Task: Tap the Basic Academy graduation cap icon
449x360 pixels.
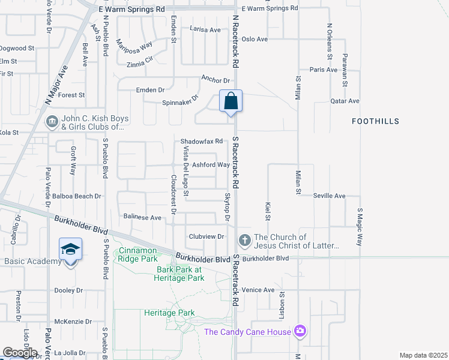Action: click(70, 248)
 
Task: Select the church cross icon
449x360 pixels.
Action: click(244, 241)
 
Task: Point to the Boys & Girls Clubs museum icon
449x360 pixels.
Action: click(52, 122)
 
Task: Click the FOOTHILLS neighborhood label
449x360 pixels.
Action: click(376, 121)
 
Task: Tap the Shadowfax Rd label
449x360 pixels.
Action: click(202, 142)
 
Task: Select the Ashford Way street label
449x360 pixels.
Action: click(211, 165)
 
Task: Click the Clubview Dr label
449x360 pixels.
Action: click(206, 236)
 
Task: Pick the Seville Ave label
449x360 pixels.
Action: click(330, 196)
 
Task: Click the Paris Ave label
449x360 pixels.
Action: click(324, 70)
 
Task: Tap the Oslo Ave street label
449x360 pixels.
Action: click(254, 39)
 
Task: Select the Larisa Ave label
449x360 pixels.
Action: click(205, 29)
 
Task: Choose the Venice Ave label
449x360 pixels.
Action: click(258, 290)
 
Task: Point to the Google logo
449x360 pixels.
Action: click(20, 353)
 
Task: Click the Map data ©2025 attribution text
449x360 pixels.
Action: click(423, 355)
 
